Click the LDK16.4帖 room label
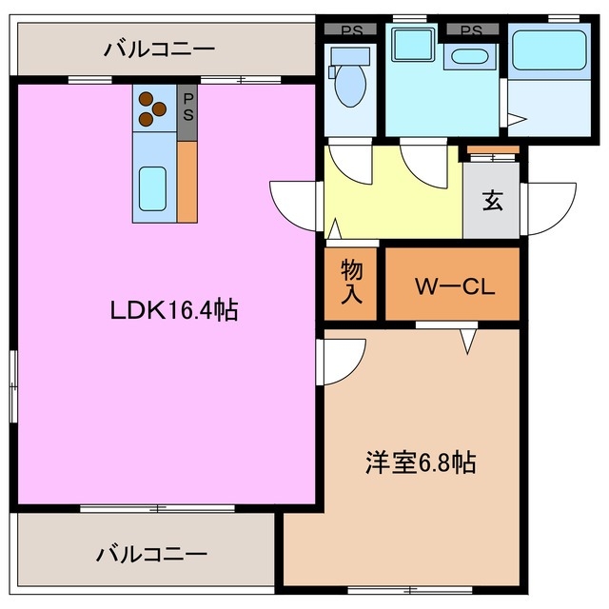pyautogui.click(x=173, y=309)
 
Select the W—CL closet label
pyautogui.click(x=453, y=285)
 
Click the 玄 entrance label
pyautogui.click(x=492, y=202)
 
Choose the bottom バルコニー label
pyautogui.click(x=152, y=554)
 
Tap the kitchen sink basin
pyautogui.click(x=152, y=188)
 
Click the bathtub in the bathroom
pyautogui.click(x=551, y=53)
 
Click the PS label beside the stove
pyautogui.click(x=188, y=107)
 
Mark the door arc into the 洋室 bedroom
pyautogui.click(x=340, y=363)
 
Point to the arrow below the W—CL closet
pyautogui.click(x=467, y=340)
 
